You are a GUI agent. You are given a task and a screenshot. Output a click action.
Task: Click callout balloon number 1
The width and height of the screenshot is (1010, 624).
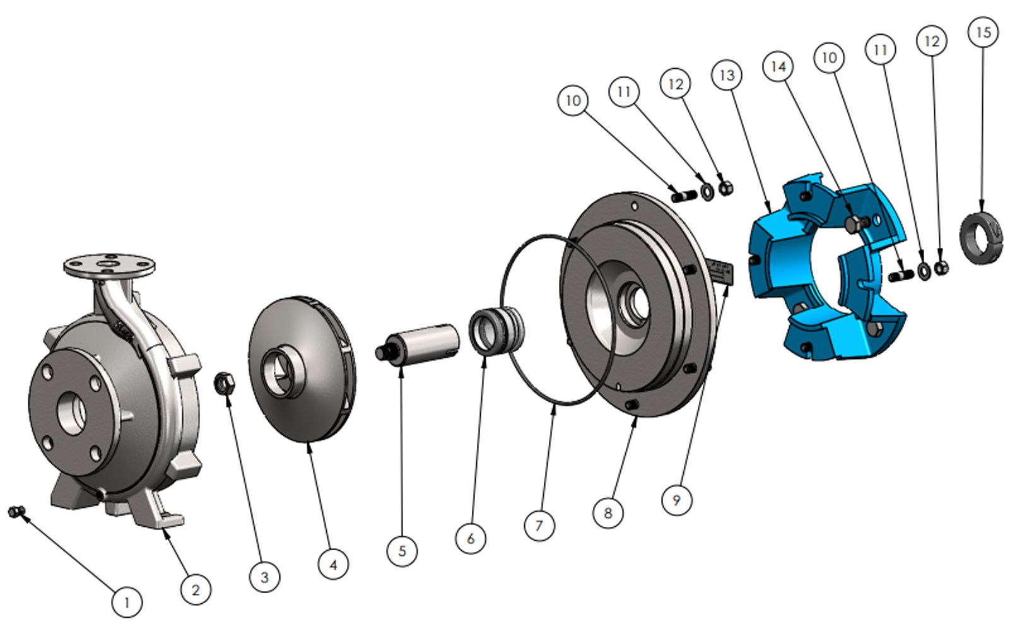click(127, 603)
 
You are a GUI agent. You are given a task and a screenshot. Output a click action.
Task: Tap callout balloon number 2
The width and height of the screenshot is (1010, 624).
click(196, 589)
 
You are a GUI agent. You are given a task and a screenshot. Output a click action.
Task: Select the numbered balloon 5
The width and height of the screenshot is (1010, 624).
click(402, 551)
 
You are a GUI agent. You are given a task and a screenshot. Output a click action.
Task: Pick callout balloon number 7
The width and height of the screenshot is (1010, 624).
click(539, 526)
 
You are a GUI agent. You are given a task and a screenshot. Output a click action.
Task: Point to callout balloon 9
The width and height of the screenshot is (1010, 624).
click(677, 500)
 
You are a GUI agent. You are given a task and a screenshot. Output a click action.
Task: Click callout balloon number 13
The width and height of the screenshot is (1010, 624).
click(727, 75)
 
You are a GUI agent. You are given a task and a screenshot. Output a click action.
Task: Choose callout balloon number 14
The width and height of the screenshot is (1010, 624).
click(778, 67)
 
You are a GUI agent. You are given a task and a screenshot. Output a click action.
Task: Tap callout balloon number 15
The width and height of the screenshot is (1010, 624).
click(984, 32)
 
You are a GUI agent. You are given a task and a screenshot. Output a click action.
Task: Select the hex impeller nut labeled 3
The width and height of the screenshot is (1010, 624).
click(224, 384)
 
